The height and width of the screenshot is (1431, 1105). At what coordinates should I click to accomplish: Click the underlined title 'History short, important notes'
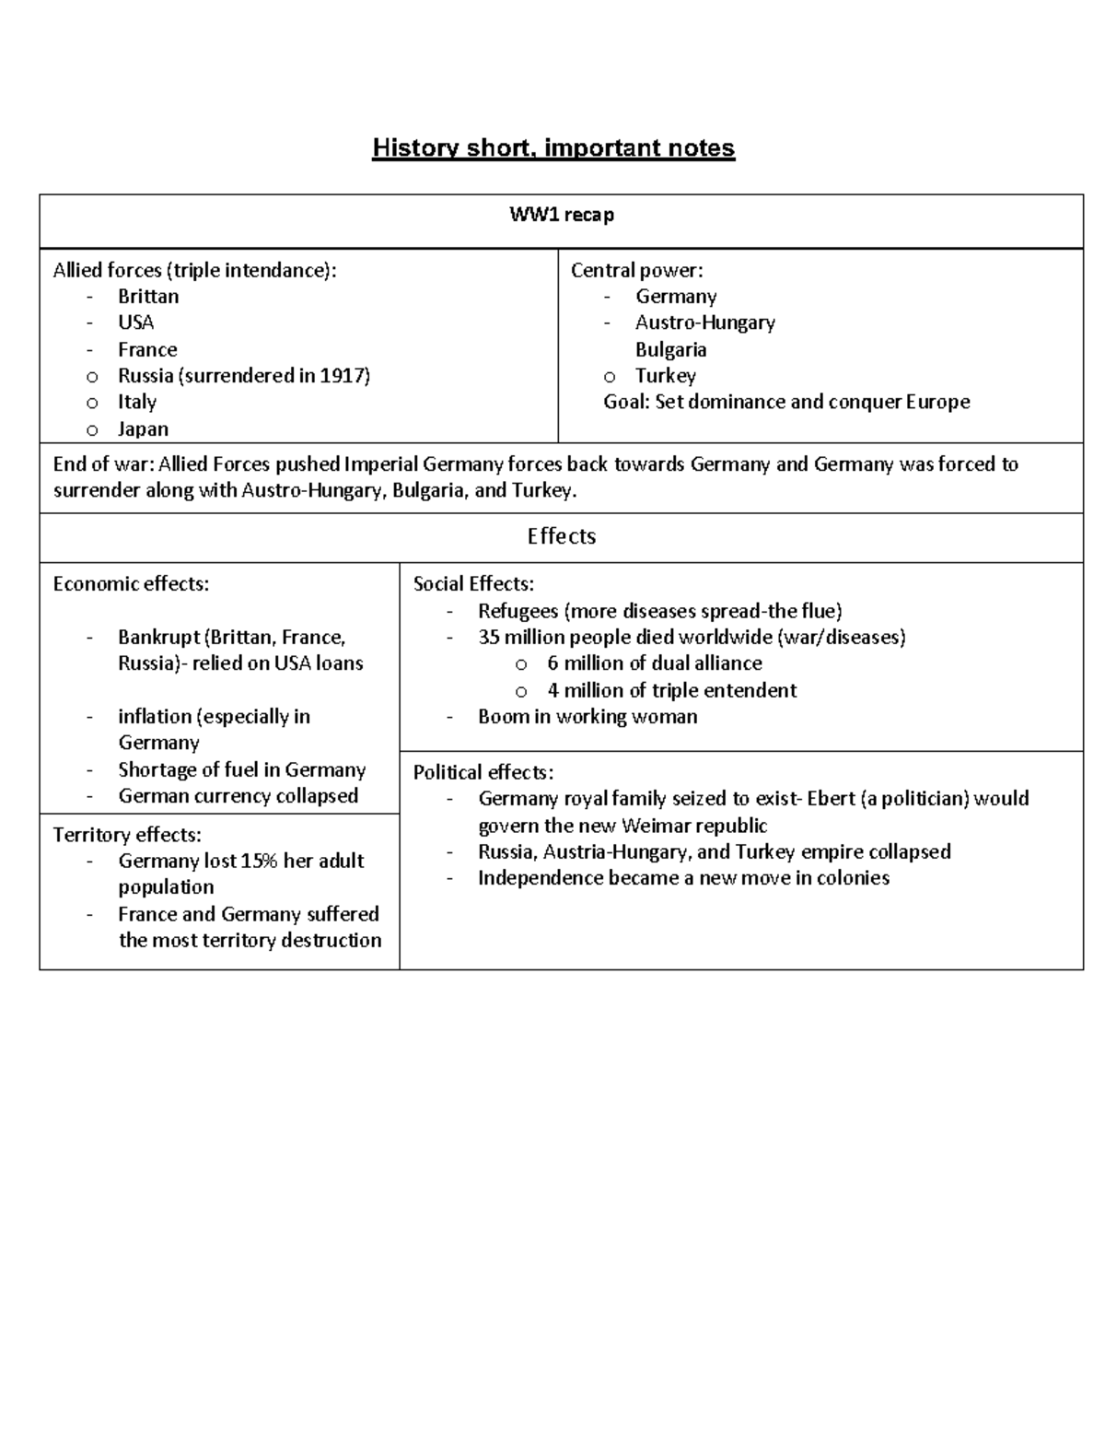coord(552,148)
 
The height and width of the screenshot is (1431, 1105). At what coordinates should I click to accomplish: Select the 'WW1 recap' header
coord(562,216)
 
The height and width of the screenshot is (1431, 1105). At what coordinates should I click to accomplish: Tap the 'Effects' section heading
coord(561,536)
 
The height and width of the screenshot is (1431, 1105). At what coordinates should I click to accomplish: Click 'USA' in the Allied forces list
coord(135,323)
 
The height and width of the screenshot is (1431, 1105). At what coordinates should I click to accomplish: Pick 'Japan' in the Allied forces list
coord(143,428)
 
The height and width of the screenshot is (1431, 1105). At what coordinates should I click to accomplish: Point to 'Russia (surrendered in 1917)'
coord(243,375)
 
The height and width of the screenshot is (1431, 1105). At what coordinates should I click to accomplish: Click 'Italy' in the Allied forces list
coord(136,402)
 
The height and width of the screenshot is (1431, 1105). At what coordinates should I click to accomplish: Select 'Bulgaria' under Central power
coord(670,349)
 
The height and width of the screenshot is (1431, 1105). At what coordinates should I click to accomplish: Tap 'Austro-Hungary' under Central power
coord(704,323)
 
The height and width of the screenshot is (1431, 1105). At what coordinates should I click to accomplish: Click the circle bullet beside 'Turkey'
coord(609,377)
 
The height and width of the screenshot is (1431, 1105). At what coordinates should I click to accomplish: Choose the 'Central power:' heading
coord(636,270)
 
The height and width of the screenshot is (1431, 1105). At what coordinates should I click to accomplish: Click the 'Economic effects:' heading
coord(131,583)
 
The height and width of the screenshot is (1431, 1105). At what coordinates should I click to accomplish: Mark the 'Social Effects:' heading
coord(473,583)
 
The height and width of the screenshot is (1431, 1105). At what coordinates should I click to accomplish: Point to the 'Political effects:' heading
coord(483,772)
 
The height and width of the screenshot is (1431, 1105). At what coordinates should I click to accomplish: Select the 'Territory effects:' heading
coord(127,835)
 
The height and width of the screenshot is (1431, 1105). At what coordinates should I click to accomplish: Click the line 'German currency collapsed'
coord(238,795)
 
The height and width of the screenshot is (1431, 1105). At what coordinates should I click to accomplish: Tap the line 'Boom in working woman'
coord(587,716)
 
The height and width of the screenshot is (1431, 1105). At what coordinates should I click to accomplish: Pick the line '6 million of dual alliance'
coord(654,663)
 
